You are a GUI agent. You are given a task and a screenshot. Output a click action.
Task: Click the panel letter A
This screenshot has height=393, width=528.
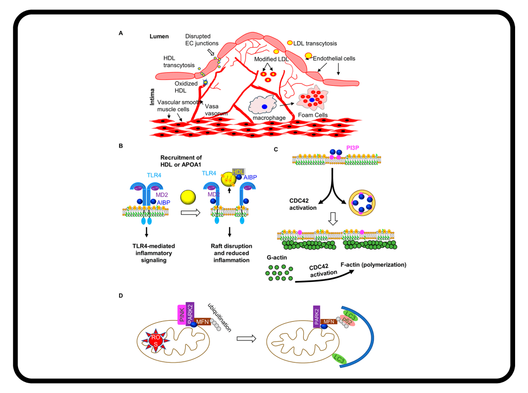pos(121,33)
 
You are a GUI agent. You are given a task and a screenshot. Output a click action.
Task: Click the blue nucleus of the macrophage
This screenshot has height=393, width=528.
pos(265,107)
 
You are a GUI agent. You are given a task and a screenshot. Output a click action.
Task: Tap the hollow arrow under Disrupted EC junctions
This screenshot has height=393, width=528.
pos(212,52)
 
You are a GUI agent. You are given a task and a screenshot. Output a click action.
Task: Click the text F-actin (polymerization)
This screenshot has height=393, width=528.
pos(373,265)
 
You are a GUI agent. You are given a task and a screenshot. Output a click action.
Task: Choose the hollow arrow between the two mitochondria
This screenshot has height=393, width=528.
pos(246,338)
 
